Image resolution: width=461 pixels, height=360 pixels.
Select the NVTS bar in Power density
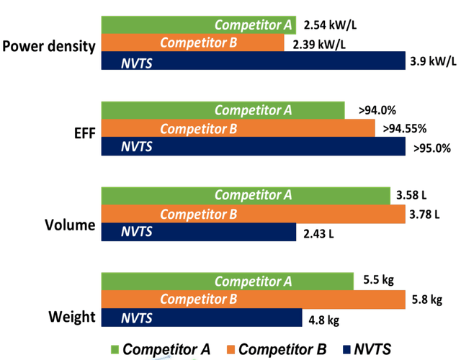253,63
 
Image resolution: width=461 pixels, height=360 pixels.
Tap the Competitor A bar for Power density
199,25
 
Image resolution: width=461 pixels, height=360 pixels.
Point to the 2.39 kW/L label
319,44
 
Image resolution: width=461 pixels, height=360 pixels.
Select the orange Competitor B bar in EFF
238,129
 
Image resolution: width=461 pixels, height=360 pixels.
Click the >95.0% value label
431,148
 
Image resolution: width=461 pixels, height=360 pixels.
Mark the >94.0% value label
378,111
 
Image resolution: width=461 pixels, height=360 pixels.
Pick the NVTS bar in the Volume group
198,233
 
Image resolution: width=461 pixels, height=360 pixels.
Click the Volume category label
69,225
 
